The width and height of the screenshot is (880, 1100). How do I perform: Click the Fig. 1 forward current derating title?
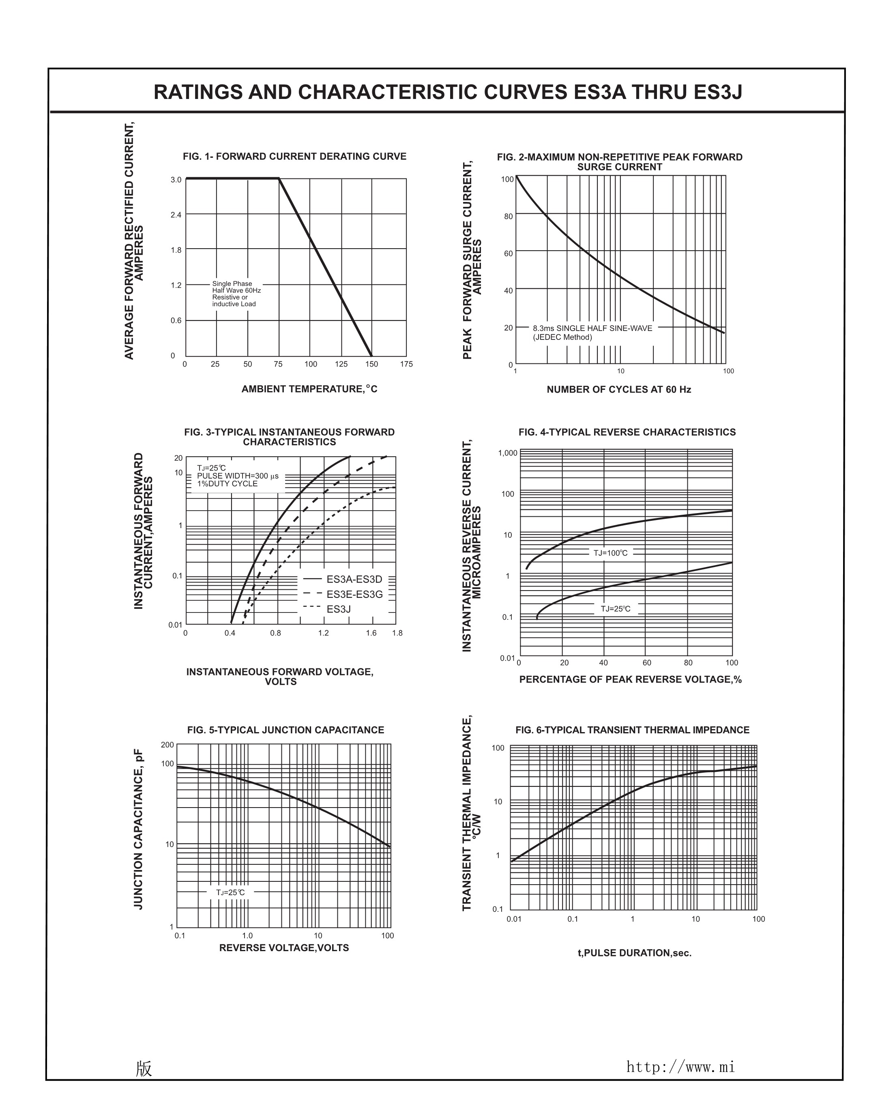[294, 157]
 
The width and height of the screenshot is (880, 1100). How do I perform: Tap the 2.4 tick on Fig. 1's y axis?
[176, 215]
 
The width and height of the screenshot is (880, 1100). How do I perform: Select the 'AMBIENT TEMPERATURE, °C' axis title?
[309, 389]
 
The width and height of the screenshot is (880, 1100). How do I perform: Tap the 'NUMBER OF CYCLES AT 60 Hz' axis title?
[618, 390]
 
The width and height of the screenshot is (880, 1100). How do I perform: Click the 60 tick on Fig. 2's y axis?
[508, 254]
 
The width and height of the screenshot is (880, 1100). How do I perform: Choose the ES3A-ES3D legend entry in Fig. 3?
[354, 579]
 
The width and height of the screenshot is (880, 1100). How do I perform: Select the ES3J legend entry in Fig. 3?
[338, 609]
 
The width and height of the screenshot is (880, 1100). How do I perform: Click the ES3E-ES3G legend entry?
[354, 594]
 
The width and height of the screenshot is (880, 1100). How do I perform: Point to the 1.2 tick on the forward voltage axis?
[324, 633]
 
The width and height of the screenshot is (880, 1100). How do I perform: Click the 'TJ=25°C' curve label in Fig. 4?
[615, 609]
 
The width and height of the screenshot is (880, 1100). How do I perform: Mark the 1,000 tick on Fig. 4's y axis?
[508, 453]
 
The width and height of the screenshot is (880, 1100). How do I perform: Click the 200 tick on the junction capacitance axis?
[167, 745]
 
